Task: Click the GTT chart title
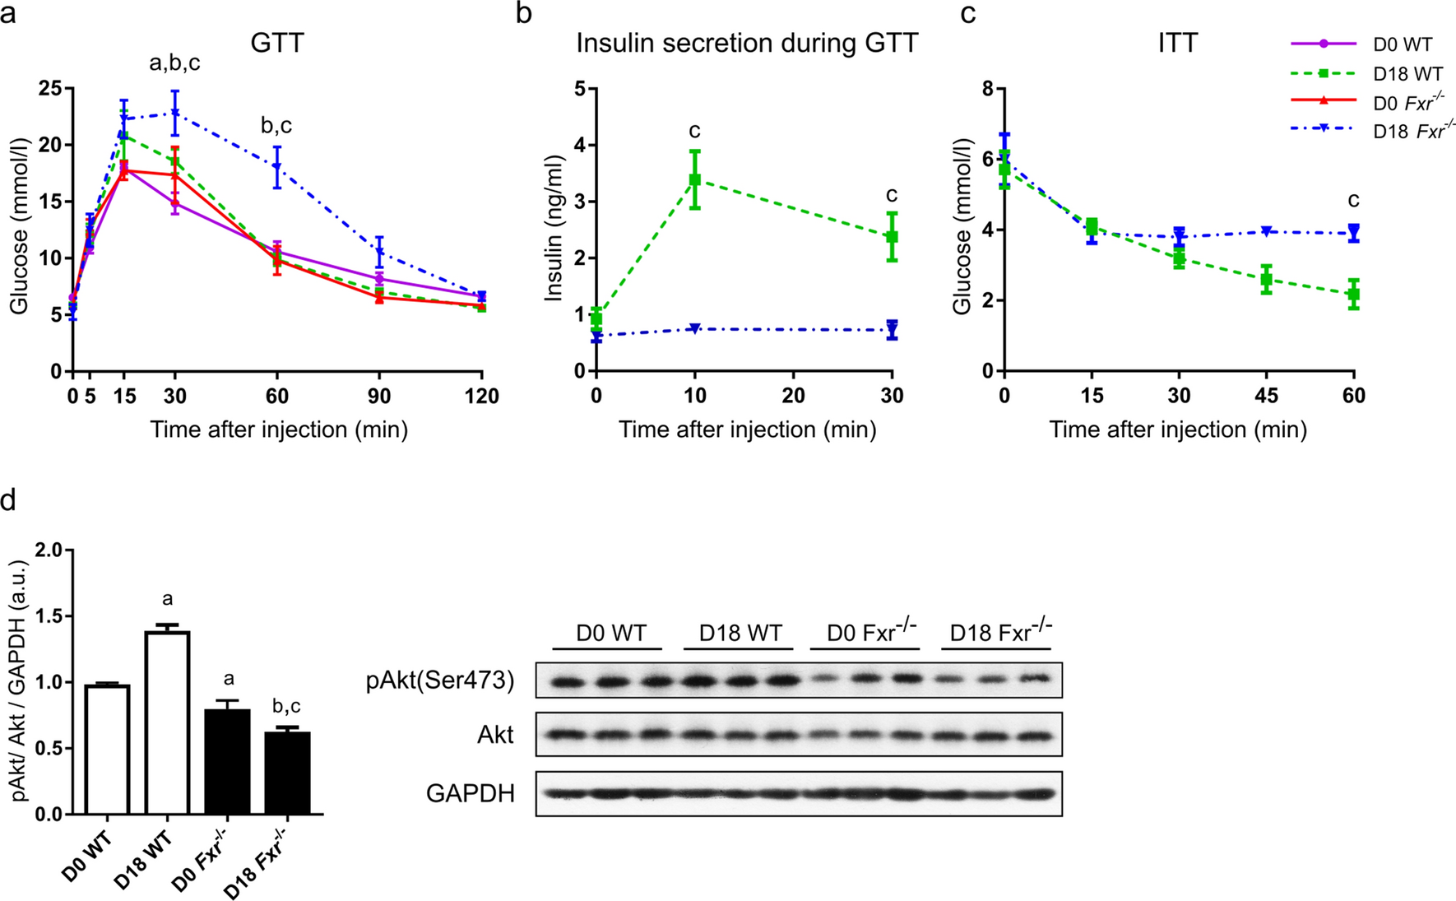click(277, 43)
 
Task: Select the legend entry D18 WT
click(1407, 74)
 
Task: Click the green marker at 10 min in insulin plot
click(695, 179)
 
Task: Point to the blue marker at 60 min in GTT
click(277, 167)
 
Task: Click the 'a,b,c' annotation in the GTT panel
click(174, 63)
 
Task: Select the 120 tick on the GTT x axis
click(481, 397)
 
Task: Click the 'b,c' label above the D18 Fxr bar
click(286, 706)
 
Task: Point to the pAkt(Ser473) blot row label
click(440, 680)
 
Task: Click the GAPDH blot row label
click(471, 793)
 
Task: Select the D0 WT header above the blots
click(610, 634)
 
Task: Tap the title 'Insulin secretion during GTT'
click(747, 43)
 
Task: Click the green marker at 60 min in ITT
click(1353, 294)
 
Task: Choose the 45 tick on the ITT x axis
click(1266, 397)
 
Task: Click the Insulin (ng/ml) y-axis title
click(554, 230)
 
